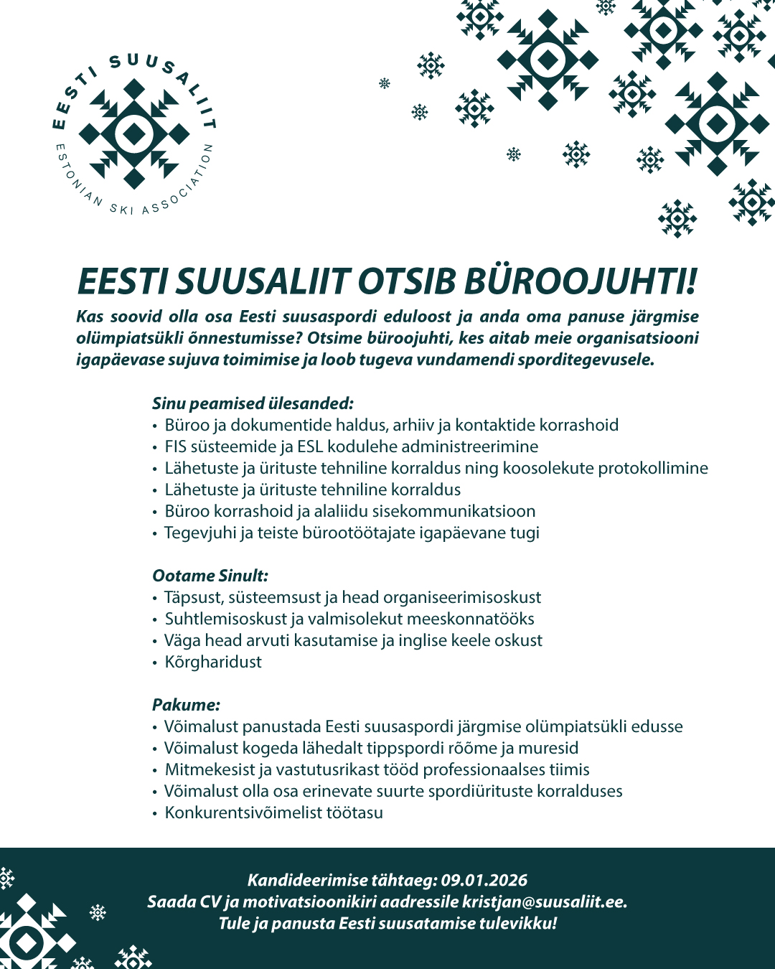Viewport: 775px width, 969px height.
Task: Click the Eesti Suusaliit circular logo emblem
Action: [x=134, y=134]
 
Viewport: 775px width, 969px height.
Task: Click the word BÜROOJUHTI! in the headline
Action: [x=581, y=281]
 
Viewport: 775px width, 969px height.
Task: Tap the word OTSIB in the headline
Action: [x=407, y=281]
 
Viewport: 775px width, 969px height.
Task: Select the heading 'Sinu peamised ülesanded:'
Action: [x=253, y=403]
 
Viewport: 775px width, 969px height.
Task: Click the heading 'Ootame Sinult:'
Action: [x=210, y=576]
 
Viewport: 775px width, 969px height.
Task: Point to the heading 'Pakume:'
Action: [x=186, y=705]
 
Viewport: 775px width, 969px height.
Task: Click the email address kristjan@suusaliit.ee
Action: [x=544, y=902]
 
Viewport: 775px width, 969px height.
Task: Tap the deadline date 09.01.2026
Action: [x=484, y=880]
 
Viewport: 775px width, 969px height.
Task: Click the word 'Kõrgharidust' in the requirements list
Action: [x=213, y=662]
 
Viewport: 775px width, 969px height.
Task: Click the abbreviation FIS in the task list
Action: [x=176, y=446]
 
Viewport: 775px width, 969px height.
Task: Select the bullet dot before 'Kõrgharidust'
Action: [x=154, y=663]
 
